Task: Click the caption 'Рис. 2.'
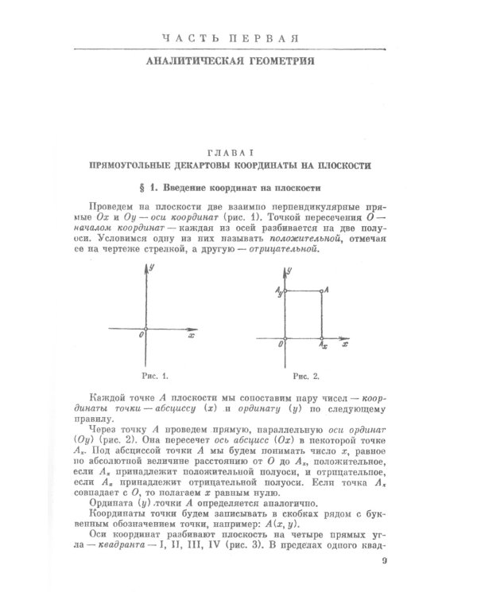pos(305,375)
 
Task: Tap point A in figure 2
pos(321,293)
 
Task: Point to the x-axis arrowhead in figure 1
pos(196,328)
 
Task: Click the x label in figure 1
pos(191,337)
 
